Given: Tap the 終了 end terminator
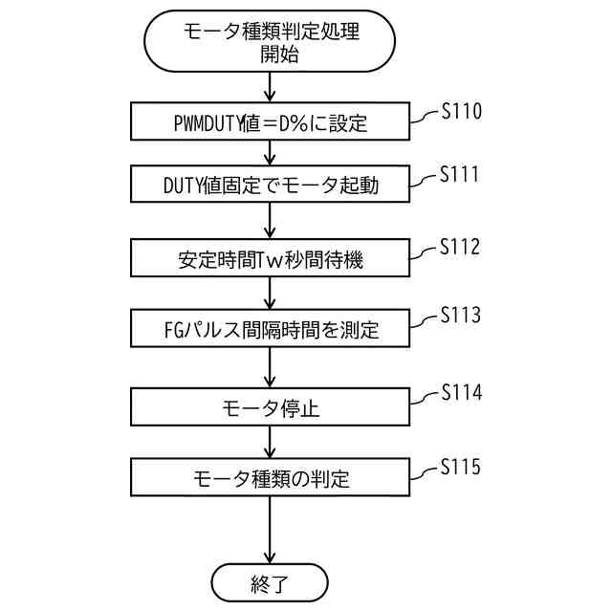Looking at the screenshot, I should click(x=271, y=581).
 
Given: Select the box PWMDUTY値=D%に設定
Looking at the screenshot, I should click(x=271, y=122).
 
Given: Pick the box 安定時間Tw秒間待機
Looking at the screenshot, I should click(x=271, y=258).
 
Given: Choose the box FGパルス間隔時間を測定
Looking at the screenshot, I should click(x=271, y=331).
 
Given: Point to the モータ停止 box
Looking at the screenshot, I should click(x=271, y=407).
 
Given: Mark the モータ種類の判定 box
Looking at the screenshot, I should click(x=271, y=478).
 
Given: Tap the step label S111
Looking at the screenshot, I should click(x=459, y=176).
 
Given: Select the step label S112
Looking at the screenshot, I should click(x=460, y=248).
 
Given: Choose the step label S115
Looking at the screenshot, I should click(x=460, y=468).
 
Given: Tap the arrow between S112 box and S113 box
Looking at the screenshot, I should click(x=271, y=293).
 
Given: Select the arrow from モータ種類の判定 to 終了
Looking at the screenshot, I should click(x=271, y=530).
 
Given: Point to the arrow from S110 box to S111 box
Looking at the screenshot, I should click(x=271, y=153).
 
